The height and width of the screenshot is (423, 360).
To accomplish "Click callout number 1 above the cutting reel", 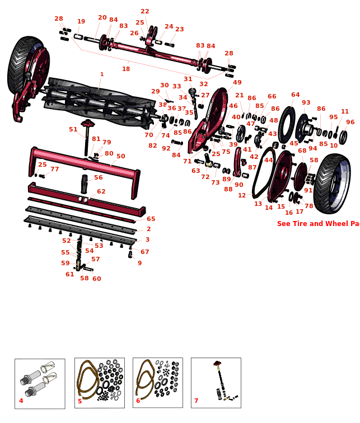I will tap(102, 74).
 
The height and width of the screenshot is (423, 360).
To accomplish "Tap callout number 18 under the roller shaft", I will tap(126, 69).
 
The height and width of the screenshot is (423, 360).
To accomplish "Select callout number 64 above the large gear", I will tap(295, 95).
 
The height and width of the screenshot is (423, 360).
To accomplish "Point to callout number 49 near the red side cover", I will tap(237, 83).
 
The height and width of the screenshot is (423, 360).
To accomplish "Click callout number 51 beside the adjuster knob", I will tap(73, 130).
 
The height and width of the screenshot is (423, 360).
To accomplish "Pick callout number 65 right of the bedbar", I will tap(151, 219).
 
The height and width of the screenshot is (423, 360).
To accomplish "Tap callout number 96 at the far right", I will tap(350, 123).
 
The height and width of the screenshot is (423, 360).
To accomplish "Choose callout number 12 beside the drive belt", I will tap(242, 196).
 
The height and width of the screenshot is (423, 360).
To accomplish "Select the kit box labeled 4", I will tap(40, 383).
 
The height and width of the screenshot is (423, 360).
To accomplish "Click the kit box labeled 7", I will tap(216, 383).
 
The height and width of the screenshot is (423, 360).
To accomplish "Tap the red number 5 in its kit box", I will tap(80, 401).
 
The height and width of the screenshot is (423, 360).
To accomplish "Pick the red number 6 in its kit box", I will tap(138, 401).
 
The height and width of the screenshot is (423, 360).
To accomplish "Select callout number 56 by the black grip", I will tap(99, 178).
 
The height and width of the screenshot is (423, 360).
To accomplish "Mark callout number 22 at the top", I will tap(145, 12).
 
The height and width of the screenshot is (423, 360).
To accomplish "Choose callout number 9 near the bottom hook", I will tap(139, 264).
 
